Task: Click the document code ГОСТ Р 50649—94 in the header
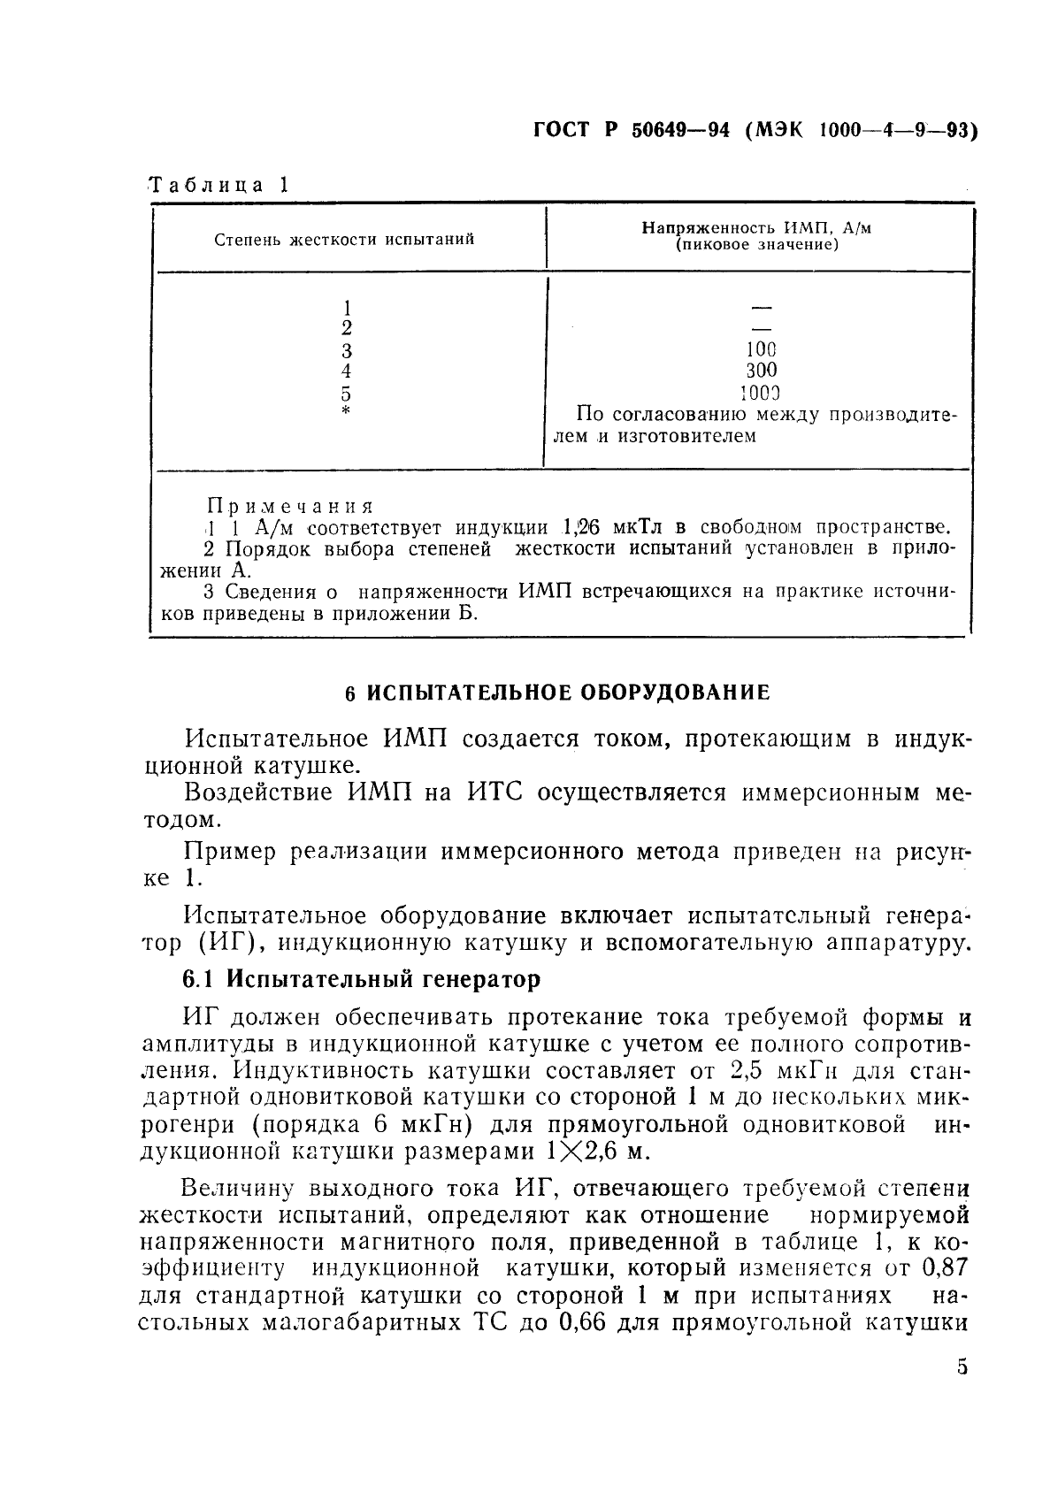[x=632, y=130]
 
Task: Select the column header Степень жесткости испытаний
[x=345, y=239]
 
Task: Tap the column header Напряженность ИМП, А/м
[x=756, y=228]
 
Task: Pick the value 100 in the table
[x=761, y=349]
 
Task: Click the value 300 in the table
[x=761, y=371]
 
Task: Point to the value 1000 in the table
[x=761, y=393]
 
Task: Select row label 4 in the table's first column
[x=347, y=371]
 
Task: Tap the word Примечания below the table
[x=290, y=506]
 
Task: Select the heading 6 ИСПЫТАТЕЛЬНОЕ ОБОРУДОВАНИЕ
[x=557, y=693]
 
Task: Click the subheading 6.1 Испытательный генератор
[x=361, y=979]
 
